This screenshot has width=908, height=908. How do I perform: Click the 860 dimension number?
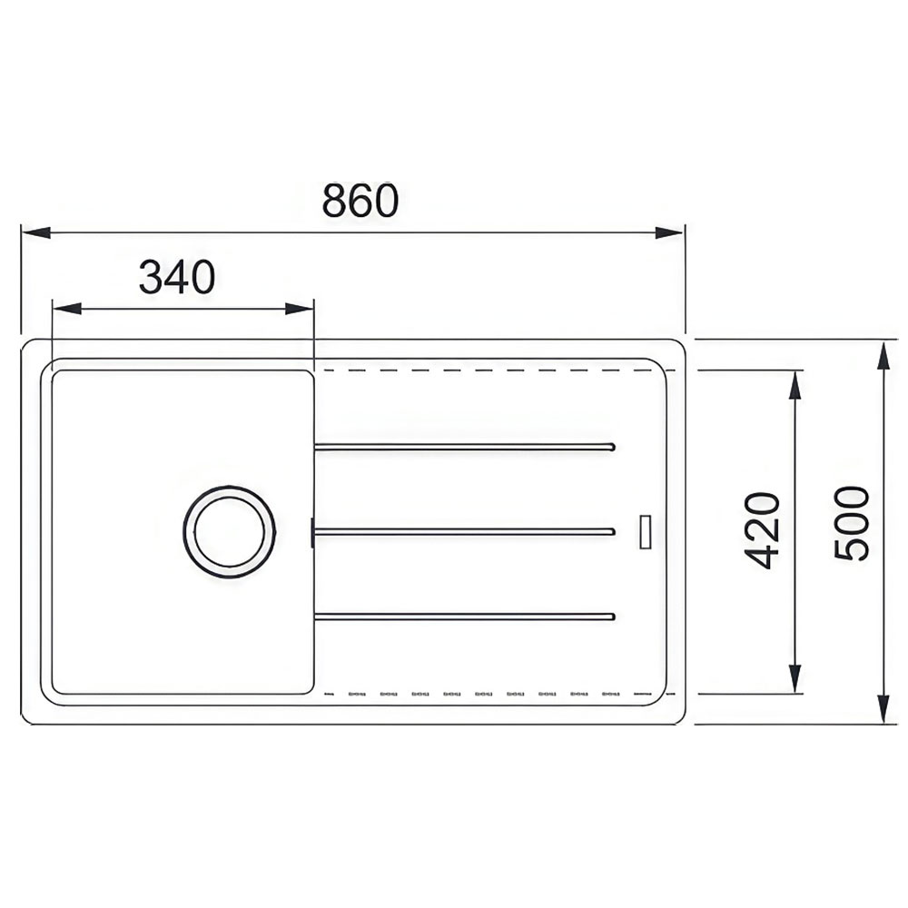pos(360,200)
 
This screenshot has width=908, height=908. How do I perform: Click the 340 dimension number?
pos(177,277)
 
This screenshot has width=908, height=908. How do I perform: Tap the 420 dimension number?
pos(762,530)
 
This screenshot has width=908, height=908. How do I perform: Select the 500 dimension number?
pos(852,523)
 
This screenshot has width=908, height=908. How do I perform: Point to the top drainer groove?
pos(464,447)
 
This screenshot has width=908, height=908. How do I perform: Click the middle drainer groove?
pos(463,531)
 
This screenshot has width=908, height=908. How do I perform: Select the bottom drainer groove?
pos(464,617)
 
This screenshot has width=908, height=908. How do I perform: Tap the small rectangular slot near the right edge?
pos(645,531)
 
